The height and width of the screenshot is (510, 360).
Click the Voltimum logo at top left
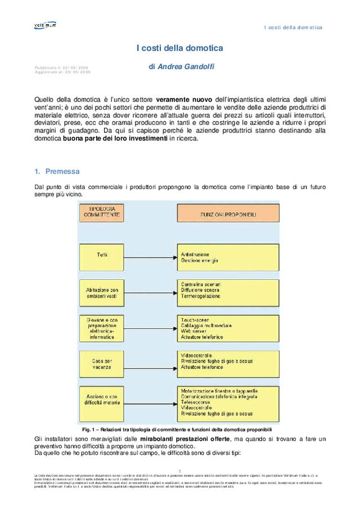coord(45,25)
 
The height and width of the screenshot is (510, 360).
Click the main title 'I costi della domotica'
coord(179,48)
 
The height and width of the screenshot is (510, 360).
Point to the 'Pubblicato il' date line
coord(61,68)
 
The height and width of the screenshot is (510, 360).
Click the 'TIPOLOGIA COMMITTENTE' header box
coord(102,211)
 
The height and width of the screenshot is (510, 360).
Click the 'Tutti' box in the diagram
coord(102,255)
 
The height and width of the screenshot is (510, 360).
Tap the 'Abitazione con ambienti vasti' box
coord(102,293)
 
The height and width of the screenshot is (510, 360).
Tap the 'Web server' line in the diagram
coord(193,331)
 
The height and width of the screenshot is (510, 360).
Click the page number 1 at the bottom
coord(179,471)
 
